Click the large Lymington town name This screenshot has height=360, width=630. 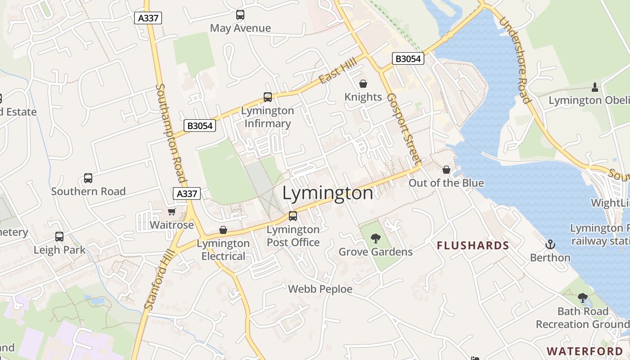pyautogui.click(x=328, y=193)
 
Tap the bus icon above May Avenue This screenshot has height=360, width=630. pyautogui.click(x=240, y=15)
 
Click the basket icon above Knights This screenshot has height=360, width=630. pyautogui.click(x=363, y=84)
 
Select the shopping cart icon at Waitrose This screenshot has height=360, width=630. pyautogui.click(x=171, y=211)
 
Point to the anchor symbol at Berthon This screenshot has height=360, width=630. pyautogui.click(x=550, y=244)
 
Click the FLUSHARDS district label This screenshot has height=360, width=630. pyautogui.click(x=473, y=246)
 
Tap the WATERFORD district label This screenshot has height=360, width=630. pyautogui.click(x=585, y=351)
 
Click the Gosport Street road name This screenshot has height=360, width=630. pyautogui.click(x=404, y=129)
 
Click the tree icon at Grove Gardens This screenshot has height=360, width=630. pyautogui.click(x=376, y=238)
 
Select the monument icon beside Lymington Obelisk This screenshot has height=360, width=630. pyautogui.click(x=595, y=87)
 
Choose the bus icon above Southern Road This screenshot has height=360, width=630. pyautogui.click(x=88, y=178)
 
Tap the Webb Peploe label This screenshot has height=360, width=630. pyautogui.click(x=320, y=289)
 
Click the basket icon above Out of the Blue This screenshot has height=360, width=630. pyautogui.click(x=446, y=170)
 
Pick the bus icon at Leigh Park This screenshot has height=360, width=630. pyautogui.click(x=59, y=237)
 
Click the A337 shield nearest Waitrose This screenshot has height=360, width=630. pyautogui.click(x=187, y=193)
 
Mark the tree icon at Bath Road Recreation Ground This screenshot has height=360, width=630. pyautogui.click(x=583, y=298)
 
